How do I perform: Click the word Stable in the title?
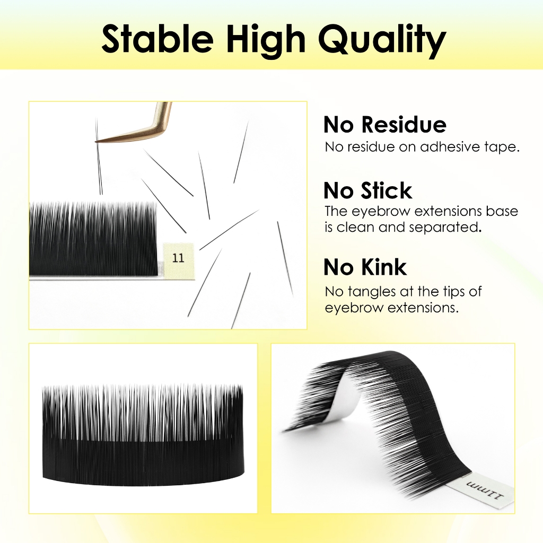(x=157, y=38)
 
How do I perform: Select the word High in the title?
(x=266, y=41)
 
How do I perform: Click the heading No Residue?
(x=385, y=124)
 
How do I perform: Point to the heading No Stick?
(x=368, y=190)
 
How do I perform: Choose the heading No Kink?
(x=365, y=267)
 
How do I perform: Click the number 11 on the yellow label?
(x=178, y=258)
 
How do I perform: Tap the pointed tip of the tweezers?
(x=95, y=142)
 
